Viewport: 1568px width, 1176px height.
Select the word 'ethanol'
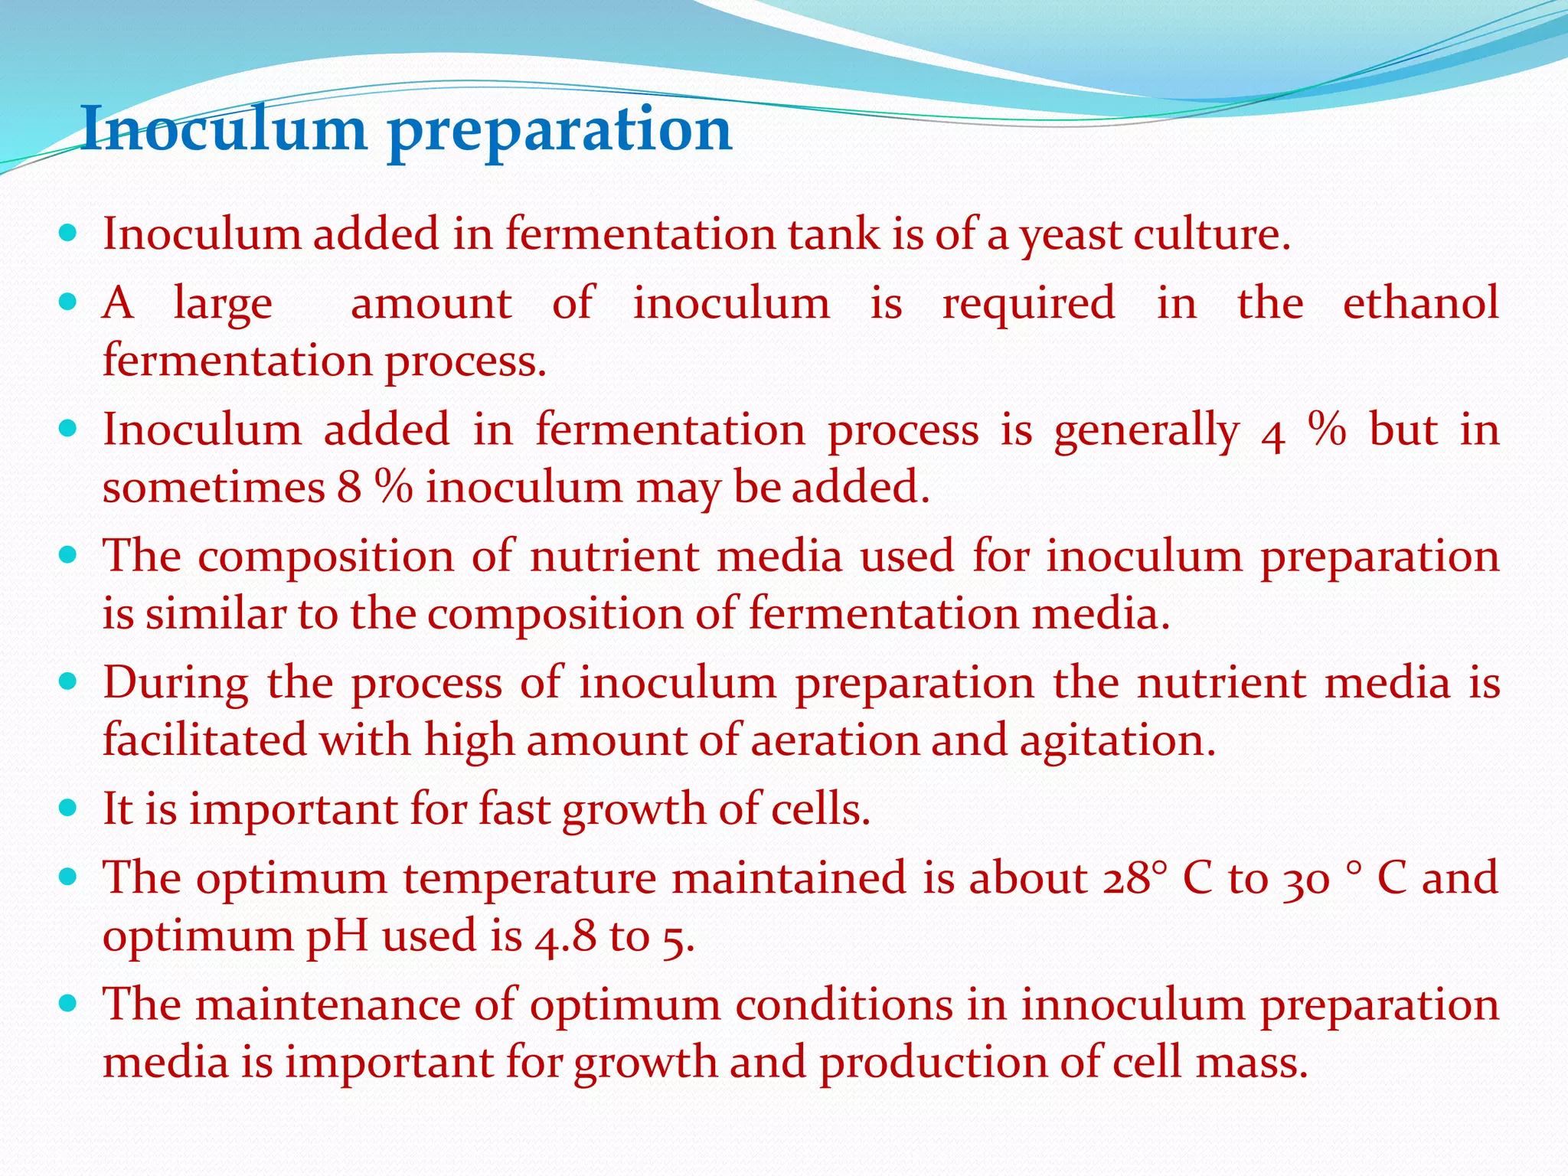point(1420,302)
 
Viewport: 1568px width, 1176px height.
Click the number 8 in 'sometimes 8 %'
point(349,487)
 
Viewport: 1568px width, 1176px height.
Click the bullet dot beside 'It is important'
point(69,807)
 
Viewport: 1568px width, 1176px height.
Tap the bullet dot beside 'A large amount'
point(69,302)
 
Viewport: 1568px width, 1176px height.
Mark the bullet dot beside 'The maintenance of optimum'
point(69,1003)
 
